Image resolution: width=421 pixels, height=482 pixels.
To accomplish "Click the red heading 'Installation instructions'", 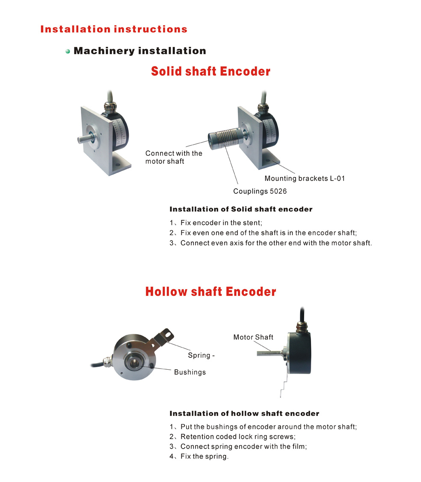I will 114,29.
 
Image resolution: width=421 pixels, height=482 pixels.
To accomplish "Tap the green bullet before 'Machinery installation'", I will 68,51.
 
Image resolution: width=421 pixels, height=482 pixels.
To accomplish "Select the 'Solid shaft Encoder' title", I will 210,71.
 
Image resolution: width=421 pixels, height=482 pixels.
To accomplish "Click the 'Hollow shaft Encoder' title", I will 210,292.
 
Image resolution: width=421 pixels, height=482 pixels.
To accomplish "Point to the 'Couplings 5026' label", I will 260,191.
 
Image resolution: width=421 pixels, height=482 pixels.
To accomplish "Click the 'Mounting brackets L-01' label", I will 304,178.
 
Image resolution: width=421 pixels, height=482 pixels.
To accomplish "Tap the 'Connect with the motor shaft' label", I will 174,157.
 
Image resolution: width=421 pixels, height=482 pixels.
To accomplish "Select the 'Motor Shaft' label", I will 253,337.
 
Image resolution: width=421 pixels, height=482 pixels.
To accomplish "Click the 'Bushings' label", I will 190,372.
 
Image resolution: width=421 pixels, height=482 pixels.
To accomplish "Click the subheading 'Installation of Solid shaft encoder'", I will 241,209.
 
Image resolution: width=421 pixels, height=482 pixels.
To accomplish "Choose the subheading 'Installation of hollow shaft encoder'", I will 244,413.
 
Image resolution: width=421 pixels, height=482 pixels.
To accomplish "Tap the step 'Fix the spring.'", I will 204,456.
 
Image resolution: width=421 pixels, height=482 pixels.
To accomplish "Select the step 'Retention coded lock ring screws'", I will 238,437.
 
